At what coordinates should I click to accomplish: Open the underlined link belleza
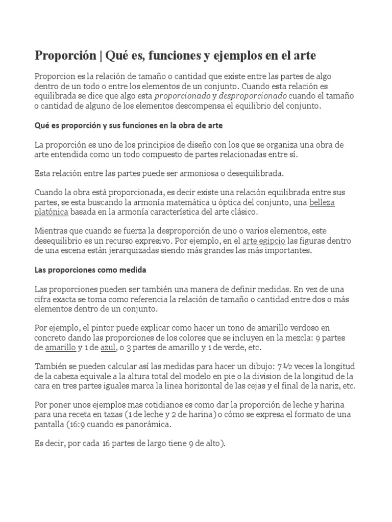point(322,202)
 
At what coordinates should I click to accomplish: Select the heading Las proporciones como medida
point(90,270)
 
